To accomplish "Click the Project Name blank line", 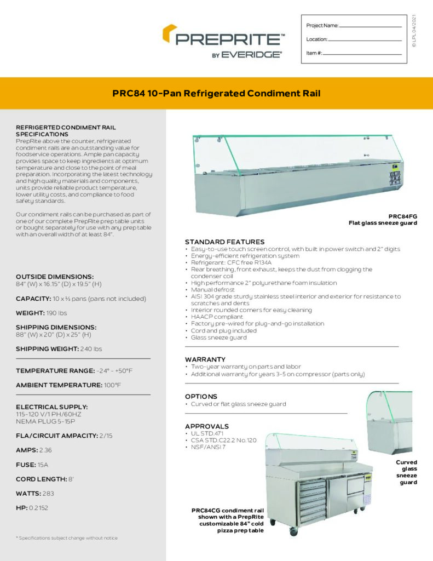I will [x=371, y=26].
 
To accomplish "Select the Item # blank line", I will [x=362, y=54].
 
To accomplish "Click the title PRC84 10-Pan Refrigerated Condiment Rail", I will [x=216, y=93].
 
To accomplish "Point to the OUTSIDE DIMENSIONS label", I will [x=55, y=277].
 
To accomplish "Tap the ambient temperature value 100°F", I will [x=112, y=385].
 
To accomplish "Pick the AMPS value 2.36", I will [x=45, y=450].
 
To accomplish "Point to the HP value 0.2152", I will [x=38, y=508].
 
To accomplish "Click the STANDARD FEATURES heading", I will [x=224, y=242].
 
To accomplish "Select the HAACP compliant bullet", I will [x=217, y=317].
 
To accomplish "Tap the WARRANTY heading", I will [x=205, y=359].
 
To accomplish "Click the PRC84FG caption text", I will [x=402, y=216].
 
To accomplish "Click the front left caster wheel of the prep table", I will [x=294, y=531].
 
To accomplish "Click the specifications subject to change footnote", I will [x=67, y=538].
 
